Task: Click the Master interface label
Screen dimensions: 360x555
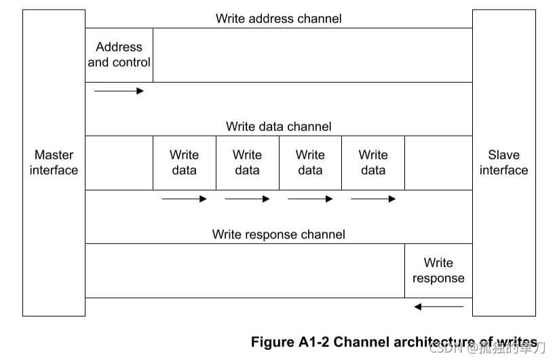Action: (54, 163)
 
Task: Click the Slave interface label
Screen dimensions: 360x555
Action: (503, 163)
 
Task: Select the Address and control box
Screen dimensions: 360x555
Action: (119, 55)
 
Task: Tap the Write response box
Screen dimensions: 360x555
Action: (438, 271)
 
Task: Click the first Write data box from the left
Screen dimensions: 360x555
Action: (184, 163)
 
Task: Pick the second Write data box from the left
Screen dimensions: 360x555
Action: (247, 163)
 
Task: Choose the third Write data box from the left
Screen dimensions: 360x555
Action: (310, 163)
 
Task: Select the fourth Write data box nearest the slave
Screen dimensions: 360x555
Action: (373, 163)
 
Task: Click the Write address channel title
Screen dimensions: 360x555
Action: (278, 18)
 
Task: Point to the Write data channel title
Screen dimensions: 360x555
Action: (278, 127)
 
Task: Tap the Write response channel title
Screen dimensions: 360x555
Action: (278, 235)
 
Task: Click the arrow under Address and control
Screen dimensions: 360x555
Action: (119, 91)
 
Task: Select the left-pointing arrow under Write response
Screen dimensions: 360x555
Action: (438, 307)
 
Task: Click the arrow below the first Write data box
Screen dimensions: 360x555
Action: (184, 199)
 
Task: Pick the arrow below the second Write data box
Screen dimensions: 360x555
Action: (247, 199)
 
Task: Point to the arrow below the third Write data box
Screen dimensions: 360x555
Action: (310, 199)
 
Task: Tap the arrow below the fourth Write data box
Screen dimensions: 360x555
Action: (373, 199)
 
